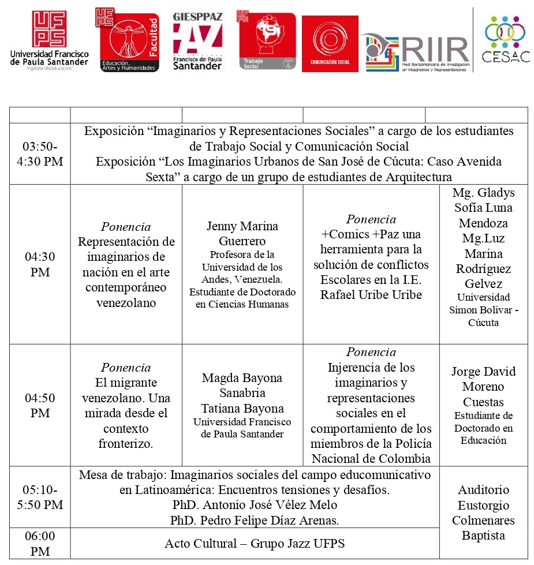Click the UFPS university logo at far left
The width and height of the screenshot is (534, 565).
coord(49,40)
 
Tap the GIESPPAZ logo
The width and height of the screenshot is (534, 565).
coord(197,40)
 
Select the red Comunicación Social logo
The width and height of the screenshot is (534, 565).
coord(330,44)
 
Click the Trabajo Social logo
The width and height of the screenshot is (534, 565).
coord(266,41)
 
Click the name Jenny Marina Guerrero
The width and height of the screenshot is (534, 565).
coord(242,234)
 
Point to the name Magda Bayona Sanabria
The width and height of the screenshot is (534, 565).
coord(242,386)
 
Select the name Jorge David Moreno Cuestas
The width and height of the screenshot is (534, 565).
coord(483,387)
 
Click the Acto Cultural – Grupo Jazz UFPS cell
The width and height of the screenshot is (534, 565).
coord(254,544)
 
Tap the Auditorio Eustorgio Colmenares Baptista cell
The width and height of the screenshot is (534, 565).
coord(483,512)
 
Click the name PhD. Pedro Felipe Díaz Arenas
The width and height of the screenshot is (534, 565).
coord(254,520)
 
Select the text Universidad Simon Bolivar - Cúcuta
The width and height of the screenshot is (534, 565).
coord(483,310)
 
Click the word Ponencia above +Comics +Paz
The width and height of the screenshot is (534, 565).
coord(371,219)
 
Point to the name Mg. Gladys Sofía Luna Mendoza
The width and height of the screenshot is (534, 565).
coord(483,208)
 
